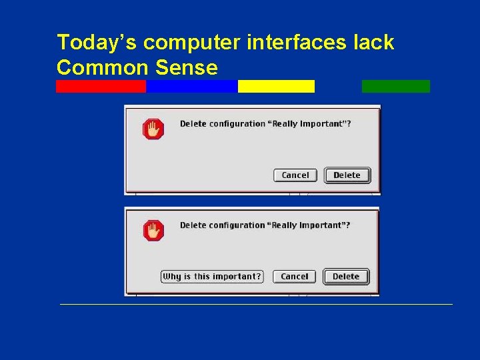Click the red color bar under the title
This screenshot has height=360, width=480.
pos(101,86)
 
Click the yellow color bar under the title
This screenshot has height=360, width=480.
pos(276,86)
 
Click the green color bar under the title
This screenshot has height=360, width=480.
pos(396,86)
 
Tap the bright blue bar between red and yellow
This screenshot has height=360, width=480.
pos(191,86)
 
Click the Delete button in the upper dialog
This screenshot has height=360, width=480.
pos(347,175)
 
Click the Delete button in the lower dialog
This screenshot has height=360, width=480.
pos(346,277)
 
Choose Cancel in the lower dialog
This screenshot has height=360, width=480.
pos(295,277)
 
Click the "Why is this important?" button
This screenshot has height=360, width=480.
pos(212,277)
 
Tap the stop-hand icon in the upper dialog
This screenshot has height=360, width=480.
pos(153,129)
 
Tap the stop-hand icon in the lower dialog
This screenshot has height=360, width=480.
pos(153,231)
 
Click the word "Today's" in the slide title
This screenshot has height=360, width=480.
pos(97,43)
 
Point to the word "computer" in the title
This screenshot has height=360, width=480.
pos(192,43)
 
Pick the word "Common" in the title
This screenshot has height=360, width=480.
pos(101,67)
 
